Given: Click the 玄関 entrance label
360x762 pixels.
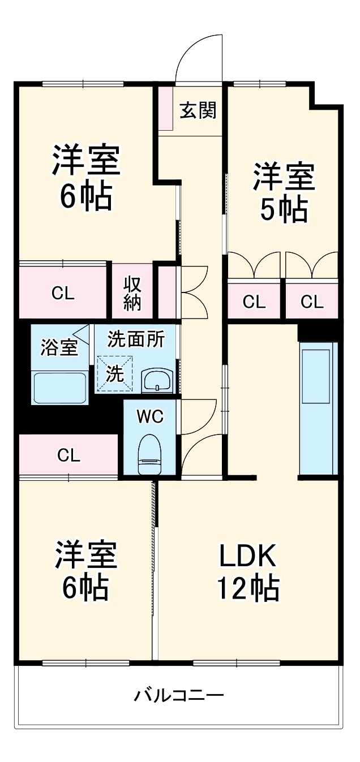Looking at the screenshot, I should click(x=198, y=110).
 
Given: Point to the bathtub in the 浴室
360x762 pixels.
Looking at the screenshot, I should click(x=59, y=388).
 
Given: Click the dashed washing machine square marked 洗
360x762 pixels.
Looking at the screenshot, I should click(x=115, y=373).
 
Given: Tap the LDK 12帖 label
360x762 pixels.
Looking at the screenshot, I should click(x=248, y=572).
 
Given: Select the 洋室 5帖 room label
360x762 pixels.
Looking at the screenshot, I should click(x=283, y=192).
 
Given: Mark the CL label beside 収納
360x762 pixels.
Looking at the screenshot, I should click(x=63, y=294).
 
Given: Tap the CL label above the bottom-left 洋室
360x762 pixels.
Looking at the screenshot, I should click(x=68, y=454).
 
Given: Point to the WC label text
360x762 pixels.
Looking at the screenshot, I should click(x=150, y=416).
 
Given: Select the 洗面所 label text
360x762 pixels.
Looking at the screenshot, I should click(x=136, y=339).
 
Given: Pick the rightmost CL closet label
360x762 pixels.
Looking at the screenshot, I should click(x=312, y=302).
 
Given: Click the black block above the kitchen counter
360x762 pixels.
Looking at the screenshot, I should click(x=319, y=332).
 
